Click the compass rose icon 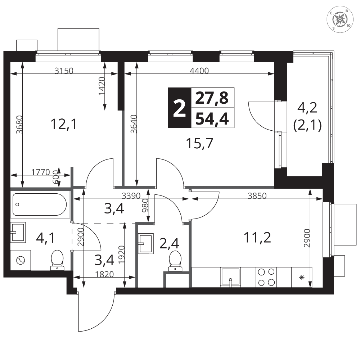339,19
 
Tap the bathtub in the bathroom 40,204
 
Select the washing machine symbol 21,260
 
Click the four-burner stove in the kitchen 266,277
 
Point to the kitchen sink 230,277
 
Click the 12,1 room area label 63,124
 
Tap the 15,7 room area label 199,144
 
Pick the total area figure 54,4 212,119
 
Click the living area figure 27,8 212,98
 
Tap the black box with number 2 180,108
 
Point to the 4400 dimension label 199,71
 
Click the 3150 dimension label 64,71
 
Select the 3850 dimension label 257,196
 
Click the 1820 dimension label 104,274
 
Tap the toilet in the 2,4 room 175,261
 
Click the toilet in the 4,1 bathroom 57,260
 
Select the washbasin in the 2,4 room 146,244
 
